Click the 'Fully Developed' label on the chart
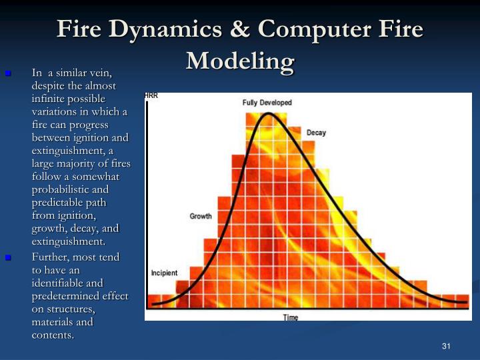(267, 103)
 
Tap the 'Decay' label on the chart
(316, 133)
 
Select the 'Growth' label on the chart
(201, 216)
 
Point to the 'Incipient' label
(164, 273)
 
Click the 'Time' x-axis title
(291, 317)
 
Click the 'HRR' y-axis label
(151, 96)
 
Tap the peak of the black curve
(268, 114)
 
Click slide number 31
(446, 345)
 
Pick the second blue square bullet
(9, 257)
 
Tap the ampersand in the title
(243, 30)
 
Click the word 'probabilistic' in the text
(63, 189)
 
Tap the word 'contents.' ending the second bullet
(53, 335)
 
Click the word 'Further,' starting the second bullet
(50, 257)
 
